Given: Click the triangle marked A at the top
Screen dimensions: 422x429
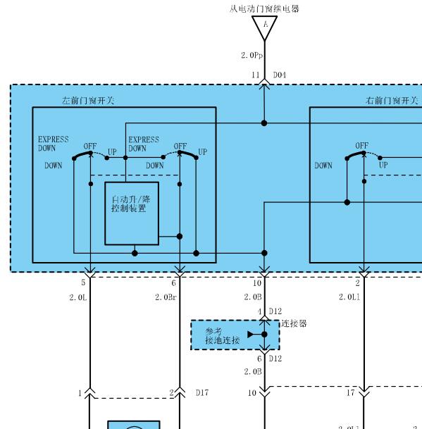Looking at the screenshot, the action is coord(264,26).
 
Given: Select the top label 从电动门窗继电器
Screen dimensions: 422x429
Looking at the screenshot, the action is coord(264,9).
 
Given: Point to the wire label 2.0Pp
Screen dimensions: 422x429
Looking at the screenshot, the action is coord(252,56).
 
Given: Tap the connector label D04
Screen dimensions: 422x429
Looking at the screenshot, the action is coord(280,75).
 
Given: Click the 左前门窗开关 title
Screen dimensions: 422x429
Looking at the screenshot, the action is coord(87,101).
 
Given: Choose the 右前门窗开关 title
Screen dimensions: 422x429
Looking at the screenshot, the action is coord(392,101).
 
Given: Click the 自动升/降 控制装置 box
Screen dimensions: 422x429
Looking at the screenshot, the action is coord(132,213).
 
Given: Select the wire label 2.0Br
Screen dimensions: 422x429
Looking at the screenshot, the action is coord(166,297).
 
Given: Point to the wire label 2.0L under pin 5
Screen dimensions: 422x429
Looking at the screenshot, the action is coord(77,297).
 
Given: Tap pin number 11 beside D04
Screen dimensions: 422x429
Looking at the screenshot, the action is coord(256,75).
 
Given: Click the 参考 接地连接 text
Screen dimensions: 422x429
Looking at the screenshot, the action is coord(222,336).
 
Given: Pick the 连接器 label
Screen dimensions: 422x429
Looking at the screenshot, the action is coord(294,323).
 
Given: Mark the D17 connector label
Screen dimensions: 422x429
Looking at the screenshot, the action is coord(202,393).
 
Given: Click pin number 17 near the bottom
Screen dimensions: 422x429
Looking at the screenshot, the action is coord(351,393).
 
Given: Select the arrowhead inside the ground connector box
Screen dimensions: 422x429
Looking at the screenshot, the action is coord(251,335).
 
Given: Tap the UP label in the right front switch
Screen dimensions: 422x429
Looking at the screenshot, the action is coord(383,165).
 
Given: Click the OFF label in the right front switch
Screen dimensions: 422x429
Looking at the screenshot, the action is coord(362,146).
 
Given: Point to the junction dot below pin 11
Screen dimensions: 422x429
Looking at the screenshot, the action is coord(264,123).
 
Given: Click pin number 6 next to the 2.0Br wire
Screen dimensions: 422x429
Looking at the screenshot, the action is coord(173,283).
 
